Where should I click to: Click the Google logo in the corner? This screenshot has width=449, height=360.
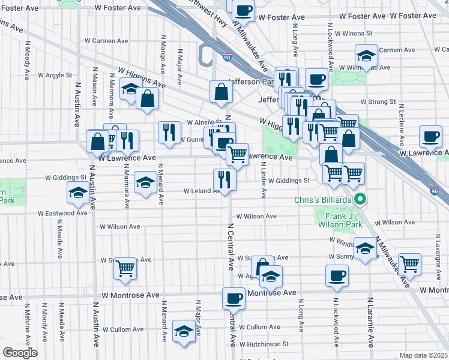click(20, 352)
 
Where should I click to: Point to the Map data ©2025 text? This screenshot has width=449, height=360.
click(423, 355)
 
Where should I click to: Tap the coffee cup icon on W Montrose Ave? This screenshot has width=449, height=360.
click(234, 298)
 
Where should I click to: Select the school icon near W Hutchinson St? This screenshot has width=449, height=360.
click(184, 331)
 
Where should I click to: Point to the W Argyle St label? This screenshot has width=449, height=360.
click(55, 76)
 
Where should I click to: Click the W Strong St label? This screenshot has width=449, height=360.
click(378, 102)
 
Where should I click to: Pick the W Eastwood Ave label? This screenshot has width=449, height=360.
click(63, 213)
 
